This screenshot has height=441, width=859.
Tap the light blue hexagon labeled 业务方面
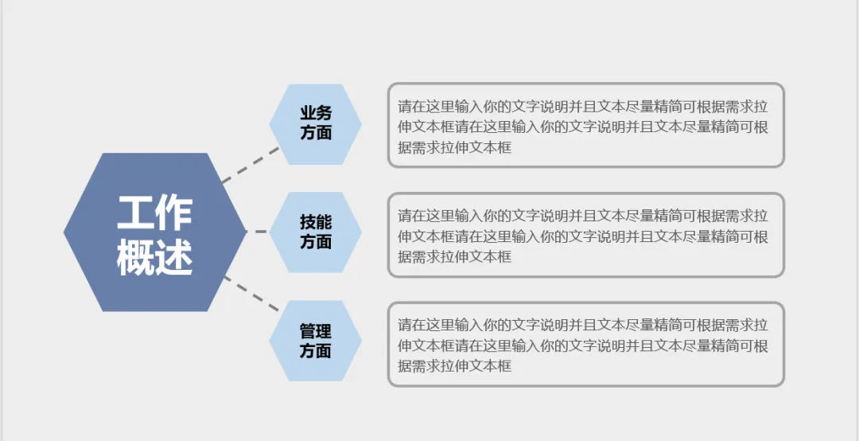[x=316, y=123]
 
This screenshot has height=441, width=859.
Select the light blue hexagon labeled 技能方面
[x=316, y=232]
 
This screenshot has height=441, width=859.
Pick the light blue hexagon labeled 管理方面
[x=316, y=341]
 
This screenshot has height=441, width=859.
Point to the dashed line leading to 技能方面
[x=260, y=232]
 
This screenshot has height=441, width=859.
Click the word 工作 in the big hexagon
[x=155, y=213]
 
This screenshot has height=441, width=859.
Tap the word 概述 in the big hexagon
[x=155, y=256]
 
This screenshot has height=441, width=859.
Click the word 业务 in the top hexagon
[x=316, y=114]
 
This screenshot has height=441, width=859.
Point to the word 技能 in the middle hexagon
[x=316, y=222]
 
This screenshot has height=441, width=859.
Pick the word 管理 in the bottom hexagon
[x=316, y=331]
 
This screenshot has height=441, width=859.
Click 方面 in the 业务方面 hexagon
[x=316, y=133]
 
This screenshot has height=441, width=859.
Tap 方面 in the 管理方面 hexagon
[x=316, y=350]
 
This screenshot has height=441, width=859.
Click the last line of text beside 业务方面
[x=454, y=147]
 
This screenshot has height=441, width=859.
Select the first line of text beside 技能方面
[x=583, y=216]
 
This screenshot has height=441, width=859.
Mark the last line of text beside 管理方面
[x=454, y=366]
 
